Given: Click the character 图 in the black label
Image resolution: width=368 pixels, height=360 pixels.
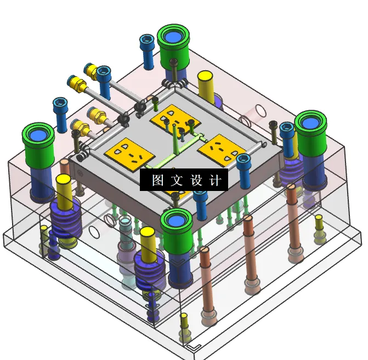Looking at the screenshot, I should [x=158, y=181].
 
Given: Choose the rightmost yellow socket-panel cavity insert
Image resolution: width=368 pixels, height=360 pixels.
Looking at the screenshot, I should [x=221, y=147].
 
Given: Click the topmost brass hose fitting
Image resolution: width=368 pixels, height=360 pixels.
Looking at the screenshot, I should [x=90, y=70].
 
